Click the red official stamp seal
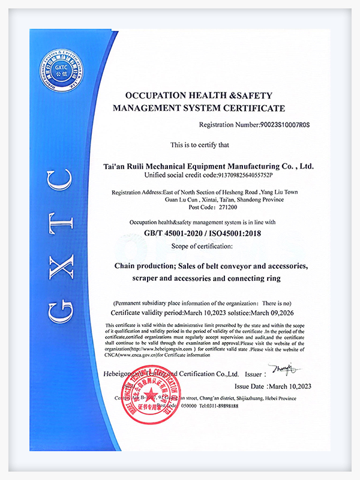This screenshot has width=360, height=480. pyautogui.click(x=146, y=396)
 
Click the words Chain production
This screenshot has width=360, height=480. pyautogui.click(x=145, y=265)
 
